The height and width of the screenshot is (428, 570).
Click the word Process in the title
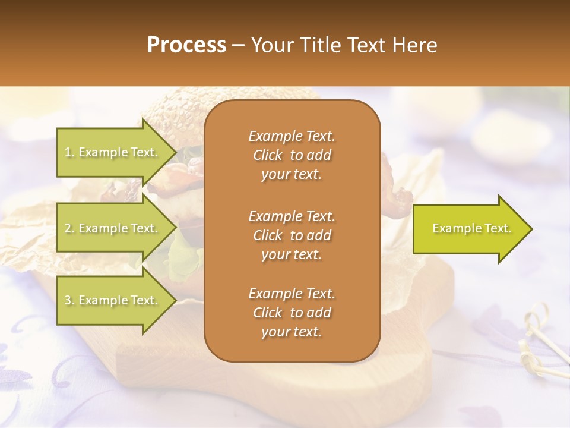point(186,45)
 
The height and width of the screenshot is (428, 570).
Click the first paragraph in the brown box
point(292,155)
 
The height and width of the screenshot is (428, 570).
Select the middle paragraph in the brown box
point(292,235)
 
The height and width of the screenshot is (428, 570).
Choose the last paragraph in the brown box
point(292,313)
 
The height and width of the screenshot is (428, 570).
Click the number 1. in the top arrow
point(69,152)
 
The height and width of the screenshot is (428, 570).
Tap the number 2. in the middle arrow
point(69,228)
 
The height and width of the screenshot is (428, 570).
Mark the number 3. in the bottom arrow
point(69,300)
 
